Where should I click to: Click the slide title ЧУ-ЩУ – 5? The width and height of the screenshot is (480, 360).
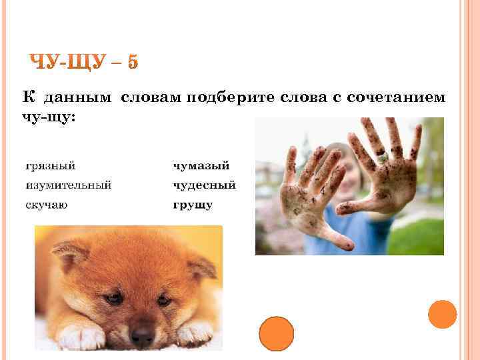[85, 62]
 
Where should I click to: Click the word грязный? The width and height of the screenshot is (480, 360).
[50, 165]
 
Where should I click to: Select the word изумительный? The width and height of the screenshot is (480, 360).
[68, 185]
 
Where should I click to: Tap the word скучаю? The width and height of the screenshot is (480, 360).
[46, 205]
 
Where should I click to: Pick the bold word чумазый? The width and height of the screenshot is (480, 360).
[201, 165]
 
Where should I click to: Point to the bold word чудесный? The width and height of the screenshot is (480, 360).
[204, 185]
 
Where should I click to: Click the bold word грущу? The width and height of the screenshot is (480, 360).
[193, 205]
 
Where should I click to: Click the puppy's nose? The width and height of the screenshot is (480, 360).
[141, 333]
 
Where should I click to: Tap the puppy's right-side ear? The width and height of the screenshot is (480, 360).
[201, 265]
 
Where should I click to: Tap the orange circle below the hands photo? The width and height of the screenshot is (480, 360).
[442, 314]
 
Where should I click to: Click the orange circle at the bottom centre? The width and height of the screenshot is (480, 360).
[276, 333]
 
